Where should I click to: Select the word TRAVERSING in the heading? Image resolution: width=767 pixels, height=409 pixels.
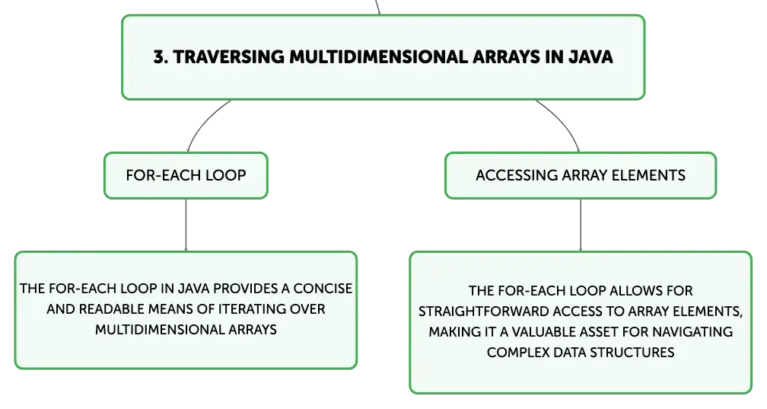[x=229, y=57]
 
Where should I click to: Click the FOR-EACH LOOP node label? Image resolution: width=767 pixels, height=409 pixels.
[x=186, y=175]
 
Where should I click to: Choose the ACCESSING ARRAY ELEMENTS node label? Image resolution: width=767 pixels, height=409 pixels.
[x=581, y=175]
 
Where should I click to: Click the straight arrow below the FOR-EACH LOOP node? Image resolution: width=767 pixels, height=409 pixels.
[x=186, y=225]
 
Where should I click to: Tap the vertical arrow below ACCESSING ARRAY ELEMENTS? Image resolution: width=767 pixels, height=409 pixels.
[x=581, y=225]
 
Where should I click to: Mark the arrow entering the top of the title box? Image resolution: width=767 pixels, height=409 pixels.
[x=377, y=8]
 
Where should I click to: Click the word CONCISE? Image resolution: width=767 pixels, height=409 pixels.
[x=323, y=289]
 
